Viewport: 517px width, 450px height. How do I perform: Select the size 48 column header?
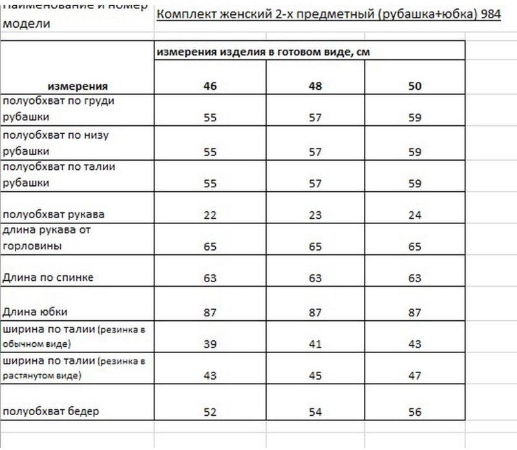315,85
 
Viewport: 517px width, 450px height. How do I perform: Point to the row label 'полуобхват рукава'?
54,214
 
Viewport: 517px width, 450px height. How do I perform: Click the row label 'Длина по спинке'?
48,278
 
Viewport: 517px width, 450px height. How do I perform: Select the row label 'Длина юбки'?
36,312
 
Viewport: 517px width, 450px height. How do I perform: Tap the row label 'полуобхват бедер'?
52,411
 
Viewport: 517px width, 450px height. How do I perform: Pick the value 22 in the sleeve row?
210,215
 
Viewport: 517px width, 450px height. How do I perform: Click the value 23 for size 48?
315,215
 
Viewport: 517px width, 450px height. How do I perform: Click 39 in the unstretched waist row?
210,344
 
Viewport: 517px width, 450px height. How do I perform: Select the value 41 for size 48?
315,344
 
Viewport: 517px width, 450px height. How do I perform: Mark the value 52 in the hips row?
210,412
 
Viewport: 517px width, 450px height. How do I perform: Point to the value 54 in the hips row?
315,412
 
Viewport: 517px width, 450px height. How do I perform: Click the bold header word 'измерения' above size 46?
78,85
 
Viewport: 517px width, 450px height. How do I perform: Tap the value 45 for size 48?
315,376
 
